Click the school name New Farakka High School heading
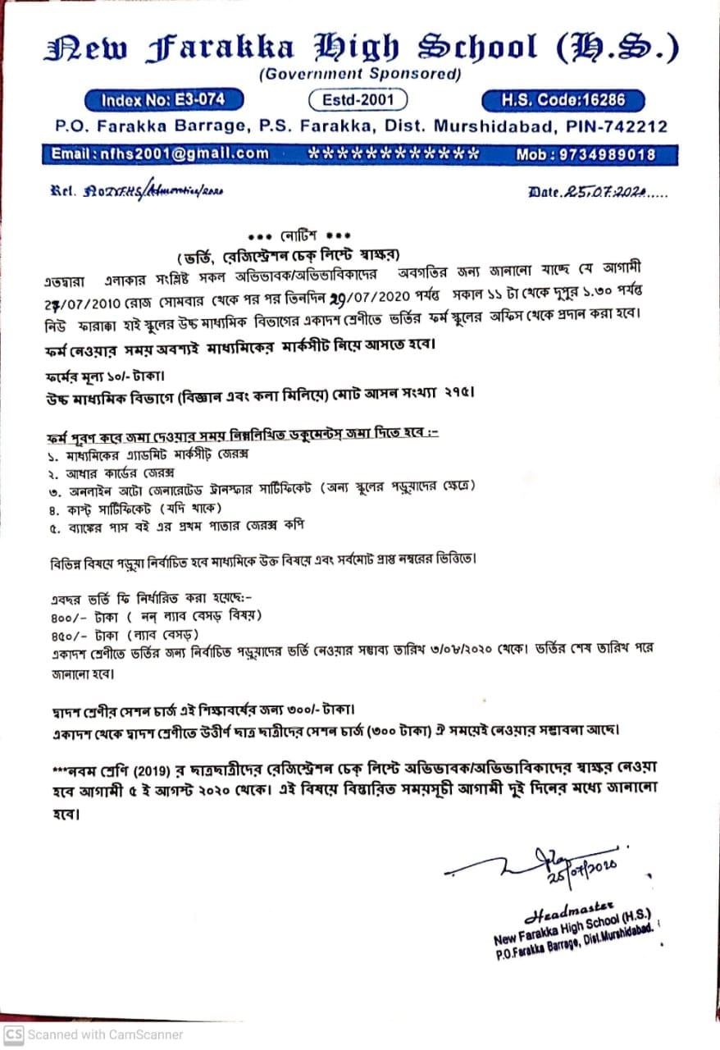click(x=361, y=48)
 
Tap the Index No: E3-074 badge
click(x=173, y=101)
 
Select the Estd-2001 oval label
click(x=358, y=101)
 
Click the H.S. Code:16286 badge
click(x=563, y=101)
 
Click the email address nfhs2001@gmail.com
click(x=160, y=154)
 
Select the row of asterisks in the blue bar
click(x=393, y=154)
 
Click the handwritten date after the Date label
click(x=604, y=193)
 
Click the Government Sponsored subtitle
click(x=360, y=75)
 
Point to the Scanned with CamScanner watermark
click(x=94, y=1034)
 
